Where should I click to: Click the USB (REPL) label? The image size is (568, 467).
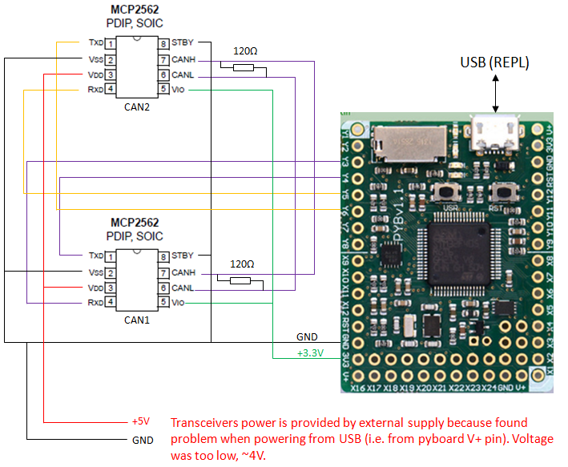(495, 62)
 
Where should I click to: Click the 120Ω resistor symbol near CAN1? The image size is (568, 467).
(240, 281)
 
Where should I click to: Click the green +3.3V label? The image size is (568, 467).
(311, 352)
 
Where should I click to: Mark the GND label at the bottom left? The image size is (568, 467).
(142, 440)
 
